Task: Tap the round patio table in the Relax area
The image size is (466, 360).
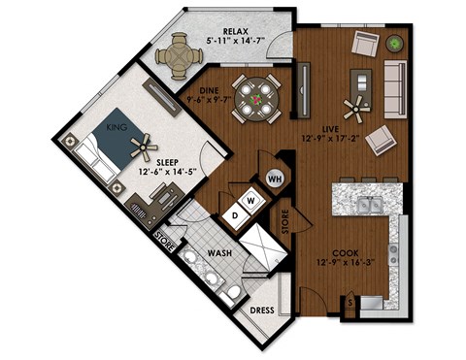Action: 179,55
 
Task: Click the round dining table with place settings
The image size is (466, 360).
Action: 257,97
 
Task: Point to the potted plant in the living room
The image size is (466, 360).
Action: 395,43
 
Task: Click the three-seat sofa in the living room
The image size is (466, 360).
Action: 394,84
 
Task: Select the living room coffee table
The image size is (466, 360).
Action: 366,82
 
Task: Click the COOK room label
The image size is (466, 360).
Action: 334,248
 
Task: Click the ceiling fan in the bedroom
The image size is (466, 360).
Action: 142,148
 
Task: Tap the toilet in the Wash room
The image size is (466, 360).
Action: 230,293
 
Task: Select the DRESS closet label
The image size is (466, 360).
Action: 261,311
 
